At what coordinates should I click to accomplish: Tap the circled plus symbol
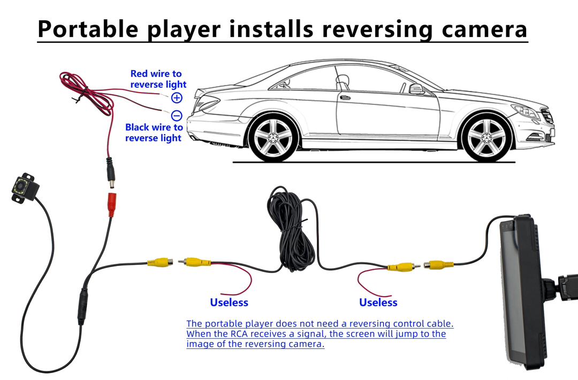click(177, 97)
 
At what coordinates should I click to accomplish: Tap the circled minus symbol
click(177, 115)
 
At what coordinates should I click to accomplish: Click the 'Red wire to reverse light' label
click(158, 79)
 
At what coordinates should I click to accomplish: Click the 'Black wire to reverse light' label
click(154, 133)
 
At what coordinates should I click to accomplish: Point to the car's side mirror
click(416, 89)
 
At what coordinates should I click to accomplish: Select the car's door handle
click(346, 98)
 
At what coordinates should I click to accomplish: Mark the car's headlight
click(525, 111)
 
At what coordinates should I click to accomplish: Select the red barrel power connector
click(112, 204)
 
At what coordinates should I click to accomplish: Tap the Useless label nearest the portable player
click(378, 302)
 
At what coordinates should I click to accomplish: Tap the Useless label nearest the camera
click(229, 302)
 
